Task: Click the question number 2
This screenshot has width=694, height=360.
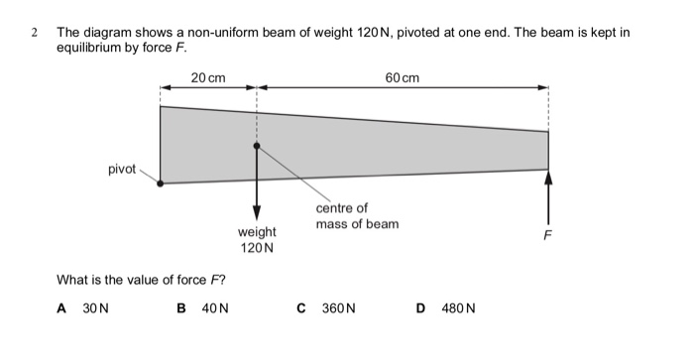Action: tap(35, 33)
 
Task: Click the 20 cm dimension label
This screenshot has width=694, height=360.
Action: tap(208, 77)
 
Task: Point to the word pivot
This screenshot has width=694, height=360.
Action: tap(122, 169)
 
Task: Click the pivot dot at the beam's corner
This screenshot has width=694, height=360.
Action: tap(161, 183)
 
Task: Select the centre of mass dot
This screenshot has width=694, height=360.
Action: tap(257, 146)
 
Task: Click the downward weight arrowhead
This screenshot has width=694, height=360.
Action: tap(257, 213)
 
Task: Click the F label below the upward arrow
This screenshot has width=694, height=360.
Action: tap(547, 236)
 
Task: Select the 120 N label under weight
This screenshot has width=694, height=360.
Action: tap(257, 248)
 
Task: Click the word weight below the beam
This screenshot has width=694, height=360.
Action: tap(257, 232)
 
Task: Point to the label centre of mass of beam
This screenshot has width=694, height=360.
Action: tap(357, 216)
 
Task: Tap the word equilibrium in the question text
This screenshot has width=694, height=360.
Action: tap(90, 48)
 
